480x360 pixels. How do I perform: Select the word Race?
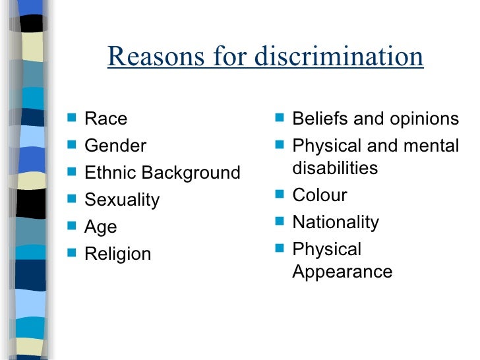pyautogui.click(x=105, y=119)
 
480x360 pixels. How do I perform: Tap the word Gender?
pyautogui.click(x=115, y=146)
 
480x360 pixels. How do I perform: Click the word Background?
pyautogui.click(x=192, y=173)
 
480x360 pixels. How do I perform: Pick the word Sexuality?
pyautogui.click(x=122, y=200)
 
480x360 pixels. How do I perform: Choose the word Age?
pyautogui.click(x=100, y=227)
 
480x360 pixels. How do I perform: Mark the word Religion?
pyautogui.click(x=117, y=254)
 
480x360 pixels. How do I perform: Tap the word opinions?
pyautogui.click(x=420, y=119)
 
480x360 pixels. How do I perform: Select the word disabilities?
pyautogui.click(x=335, y=167)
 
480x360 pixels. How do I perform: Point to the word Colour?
pyautogui.click(x=319, y=195)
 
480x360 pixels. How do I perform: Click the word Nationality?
pyautogui.click(x=336, y=222)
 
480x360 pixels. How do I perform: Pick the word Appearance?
pyautogui.click(x=342, y=271)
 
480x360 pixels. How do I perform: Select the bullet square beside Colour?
pyautogui.click(x=279, y=195)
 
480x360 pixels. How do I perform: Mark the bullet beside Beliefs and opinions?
pyautogui.click(x=279, y=119)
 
